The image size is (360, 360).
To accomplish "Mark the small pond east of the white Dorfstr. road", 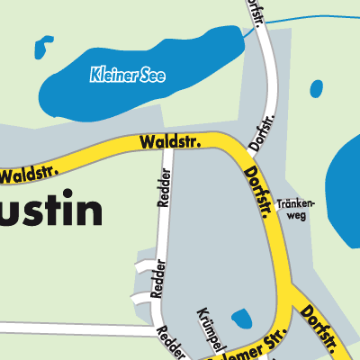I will pos(316,89).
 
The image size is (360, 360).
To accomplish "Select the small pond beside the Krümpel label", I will pos(242,319).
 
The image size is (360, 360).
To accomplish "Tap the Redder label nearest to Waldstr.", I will pos(165,187).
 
